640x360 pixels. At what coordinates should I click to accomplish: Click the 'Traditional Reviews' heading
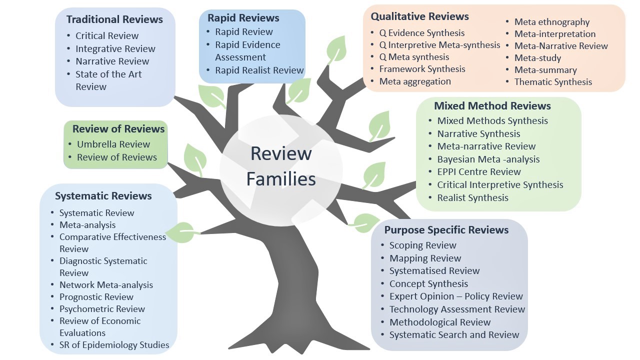114,19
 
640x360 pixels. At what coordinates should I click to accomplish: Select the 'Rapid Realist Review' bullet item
259,70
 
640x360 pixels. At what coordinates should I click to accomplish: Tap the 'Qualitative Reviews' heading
419,16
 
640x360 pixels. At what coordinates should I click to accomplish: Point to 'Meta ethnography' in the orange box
551,22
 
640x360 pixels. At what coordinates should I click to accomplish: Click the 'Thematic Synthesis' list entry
552,82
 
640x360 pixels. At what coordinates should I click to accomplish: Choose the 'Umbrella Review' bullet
113,144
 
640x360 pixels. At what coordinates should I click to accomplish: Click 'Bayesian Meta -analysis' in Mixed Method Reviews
488,159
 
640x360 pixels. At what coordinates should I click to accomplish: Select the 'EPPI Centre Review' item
478,172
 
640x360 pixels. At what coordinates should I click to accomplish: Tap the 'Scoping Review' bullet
422,245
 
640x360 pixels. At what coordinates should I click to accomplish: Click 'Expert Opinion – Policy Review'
455,296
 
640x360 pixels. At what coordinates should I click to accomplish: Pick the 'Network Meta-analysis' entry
106,285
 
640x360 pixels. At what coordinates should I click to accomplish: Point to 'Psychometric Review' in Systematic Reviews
102,309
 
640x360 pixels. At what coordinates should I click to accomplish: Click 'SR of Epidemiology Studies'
114,345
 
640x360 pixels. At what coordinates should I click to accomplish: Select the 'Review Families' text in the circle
281,166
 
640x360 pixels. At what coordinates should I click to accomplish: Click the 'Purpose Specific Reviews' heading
446,230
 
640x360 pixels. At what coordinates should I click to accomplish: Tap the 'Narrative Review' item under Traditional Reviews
112,61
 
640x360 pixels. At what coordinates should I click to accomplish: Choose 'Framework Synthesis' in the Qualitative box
422,69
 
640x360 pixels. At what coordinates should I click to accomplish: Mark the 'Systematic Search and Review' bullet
454,335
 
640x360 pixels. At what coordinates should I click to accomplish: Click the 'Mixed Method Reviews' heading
492,106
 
